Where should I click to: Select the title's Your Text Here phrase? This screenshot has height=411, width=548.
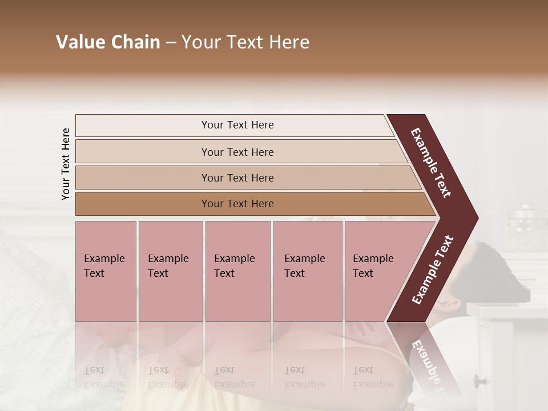click(245, 42)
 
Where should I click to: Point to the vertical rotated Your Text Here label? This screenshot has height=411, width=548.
click(66, 164)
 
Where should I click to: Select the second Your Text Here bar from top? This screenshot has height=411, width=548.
click(237, 152)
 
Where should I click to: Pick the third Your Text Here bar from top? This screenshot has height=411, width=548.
click(237, 178)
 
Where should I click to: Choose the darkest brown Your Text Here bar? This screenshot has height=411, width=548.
click(237, 204)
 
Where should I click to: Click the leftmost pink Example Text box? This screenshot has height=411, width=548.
click(106, 271)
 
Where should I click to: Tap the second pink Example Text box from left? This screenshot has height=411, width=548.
click(170, 271)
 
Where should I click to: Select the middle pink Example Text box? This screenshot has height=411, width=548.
click(237, 271)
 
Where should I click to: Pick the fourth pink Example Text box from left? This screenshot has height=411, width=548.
click(308, 271)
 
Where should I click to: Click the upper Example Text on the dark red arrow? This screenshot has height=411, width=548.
click(431, 163)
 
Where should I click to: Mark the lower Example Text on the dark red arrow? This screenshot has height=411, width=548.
click(432, 269)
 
